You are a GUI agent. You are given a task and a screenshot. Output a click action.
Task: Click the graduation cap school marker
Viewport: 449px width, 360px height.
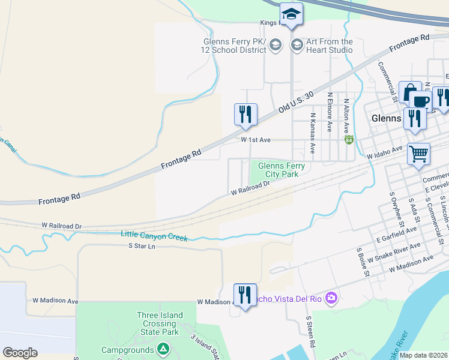coord(291,14)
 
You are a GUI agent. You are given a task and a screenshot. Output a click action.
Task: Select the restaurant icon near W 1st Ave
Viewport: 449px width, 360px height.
coord(246,113)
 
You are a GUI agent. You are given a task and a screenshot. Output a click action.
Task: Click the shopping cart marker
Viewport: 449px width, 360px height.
coord(418,153)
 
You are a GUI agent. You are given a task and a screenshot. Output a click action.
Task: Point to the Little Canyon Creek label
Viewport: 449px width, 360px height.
coord(154,236)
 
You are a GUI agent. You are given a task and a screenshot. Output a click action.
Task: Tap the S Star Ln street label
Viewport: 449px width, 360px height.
coord(142,246)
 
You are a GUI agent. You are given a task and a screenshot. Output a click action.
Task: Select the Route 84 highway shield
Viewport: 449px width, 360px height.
coord(349,140)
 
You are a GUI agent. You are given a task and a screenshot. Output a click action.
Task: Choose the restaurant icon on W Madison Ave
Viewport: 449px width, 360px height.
coord(245,295)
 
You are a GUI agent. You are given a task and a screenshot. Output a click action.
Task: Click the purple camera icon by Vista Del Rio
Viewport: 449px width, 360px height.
coord(331,298)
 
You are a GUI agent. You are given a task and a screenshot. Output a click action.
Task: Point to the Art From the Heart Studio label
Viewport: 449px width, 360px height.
coord(330,46)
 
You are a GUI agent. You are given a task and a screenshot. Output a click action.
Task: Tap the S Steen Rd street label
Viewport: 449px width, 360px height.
coord(310,333)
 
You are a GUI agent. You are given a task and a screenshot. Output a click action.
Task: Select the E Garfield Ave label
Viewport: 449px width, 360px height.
coord(397,234)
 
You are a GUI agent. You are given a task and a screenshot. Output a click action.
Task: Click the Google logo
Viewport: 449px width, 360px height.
coord(20,352)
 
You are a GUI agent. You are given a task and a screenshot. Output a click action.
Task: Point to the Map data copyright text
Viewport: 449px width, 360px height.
coord(423,355)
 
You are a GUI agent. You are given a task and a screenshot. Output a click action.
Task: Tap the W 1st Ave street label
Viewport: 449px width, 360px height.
coord(256,140)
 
